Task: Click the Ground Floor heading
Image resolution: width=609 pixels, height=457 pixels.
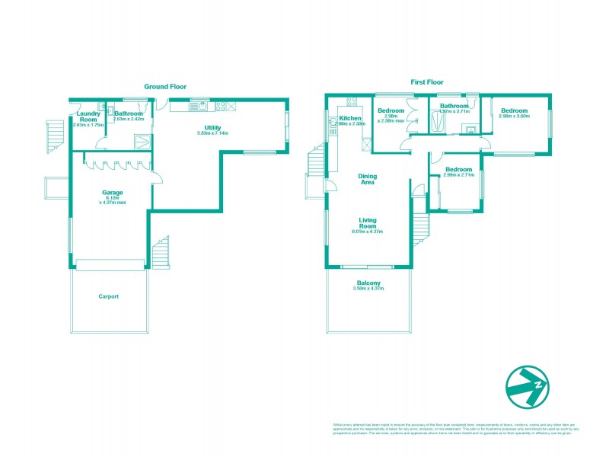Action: click(x=165, y=87)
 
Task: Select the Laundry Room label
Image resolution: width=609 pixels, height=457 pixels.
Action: click(x=88, y=117)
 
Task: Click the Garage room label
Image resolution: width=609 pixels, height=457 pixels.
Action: click(x=113, y=193)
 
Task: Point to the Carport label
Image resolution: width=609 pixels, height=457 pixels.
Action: click(x=108, y=296)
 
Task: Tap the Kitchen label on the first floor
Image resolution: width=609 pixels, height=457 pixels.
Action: click(x=349, y=119)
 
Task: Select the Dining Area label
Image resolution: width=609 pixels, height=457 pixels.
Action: click(x=368, y=179)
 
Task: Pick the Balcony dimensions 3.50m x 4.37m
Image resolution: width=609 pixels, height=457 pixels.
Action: click(x=368, y=289)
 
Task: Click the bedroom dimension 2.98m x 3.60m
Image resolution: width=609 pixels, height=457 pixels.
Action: click(x=514, y=117)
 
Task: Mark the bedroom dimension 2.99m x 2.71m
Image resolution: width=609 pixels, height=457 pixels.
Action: click(x=459, y=174)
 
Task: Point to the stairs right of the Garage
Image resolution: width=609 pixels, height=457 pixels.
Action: click(x=161, y=253)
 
